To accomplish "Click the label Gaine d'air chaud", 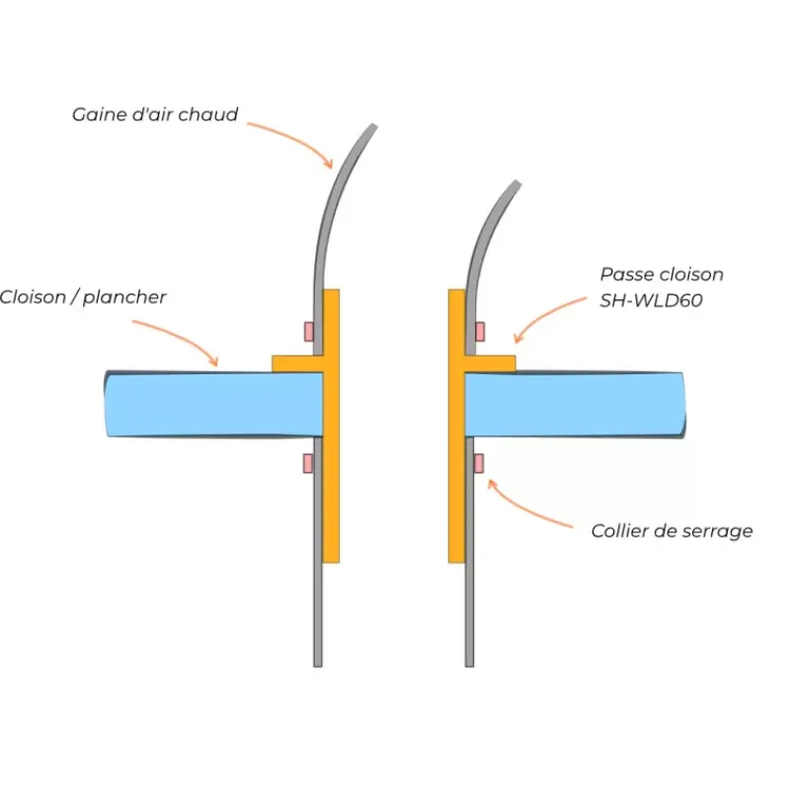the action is pyautogui.click(x=155, y=115).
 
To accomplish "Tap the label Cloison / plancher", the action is pyautogui.click(x=83, y=297).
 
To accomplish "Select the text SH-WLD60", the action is pyautogui.click(x=651, y=300).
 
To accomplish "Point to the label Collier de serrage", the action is pyautogui.click(x=672, y=531).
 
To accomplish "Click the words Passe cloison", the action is pyautogui.click(x=662, y=275).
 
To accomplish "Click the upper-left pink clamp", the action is pyautogui.click(x=309, y=332).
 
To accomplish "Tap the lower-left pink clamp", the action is pyautogui.click(x=308, y=463).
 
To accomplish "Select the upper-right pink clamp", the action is pyautogui.click(x=480, y=332).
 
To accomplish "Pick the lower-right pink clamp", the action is pyautogui.click(x=479, y=463).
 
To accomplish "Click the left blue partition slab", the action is pyautogui.click(x=213, y=404).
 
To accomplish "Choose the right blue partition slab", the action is pyautogui.click(x=575, y=405).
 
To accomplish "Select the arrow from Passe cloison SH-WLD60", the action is pyautogui.click(x=547, y=315).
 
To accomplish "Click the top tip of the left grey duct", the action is pyautogui.click(x=374, y=125).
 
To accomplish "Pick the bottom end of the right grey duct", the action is pyautogui.click(x=469, y=666).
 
